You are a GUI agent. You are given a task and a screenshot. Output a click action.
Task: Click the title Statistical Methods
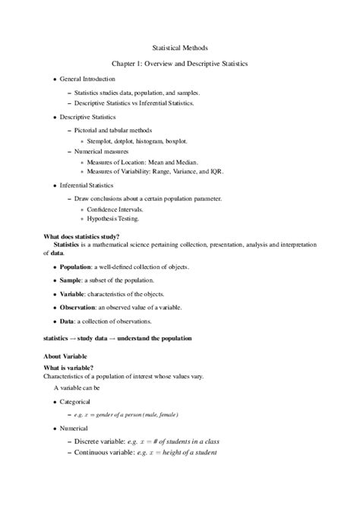tap(180, 47)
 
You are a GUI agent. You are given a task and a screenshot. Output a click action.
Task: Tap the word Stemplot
tap(102, 141)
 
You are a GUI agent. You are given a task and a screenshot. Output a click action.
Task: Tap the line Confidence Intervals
tap(115, 209)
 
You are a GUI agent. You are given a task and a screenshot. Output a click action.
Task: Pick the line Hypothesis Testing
tap(112, 219)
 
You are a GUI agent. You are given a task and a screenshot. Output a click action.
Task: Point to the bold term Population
tap(76, 267)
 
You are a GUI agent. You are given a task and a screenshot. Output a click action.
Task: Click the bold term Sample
tap(71, 280)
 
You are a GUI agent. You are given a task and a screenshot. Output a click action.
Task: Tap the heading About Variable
tap(65, 356)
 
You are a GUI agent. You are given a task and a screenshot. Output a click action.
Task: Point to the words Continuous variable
tap(106, 452)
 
